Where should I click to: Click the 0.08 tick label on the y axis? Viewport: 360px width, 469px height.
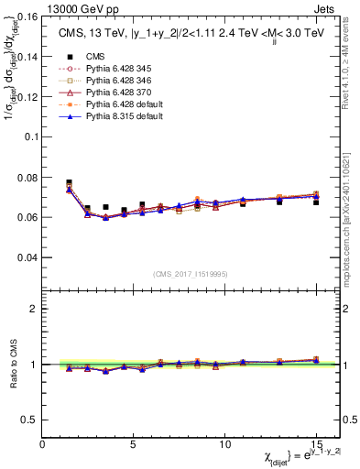27,177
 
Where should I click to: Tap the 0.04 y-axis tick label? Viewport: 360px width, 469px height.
27,257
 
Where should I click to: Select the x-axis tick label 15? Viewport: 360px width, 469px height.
315,444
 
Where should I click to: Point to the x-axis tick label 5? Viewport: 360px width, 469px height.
134,444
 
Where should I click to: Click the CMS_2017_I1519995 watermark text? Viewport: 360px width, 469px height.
191,273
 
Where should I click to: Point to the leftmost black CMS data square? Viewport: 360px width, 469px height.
70,182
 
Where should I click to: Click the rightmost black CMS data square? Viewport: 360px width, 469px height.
315,202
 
